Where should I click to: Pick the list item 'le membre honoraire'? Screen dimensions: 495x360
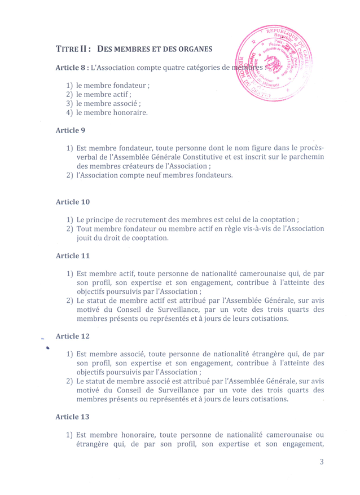112,113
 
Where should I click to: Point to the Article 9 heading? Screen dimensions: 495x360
71,130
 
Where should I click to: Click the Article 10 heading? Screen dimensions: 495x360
73,201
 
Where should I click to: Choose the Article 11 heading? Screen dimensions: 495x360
73,255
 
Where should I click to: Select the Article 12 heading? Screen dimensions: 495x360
73,336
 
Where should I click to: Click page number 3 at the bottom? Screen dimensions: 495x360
321,463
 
